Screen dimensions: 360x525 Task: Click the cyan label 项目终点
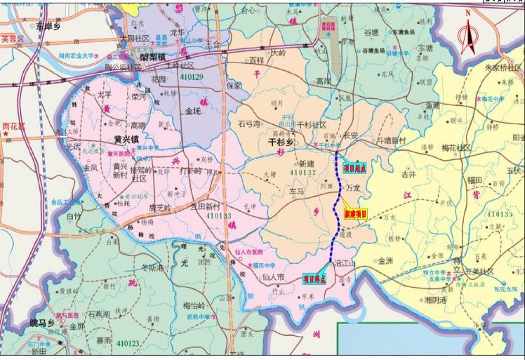pyautogui.click(x=315, y=279)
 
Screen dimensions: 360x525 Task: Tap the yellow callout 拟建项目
pyautogui.click(x=357, y=214)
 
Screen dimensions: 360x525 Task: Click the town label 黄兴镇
pyautogui.click(x=127, y=139)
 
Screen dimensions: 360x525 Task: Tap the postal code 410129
pyautogui.click(x=192, y=76)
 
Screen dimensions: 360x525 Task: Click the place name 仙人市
pyautogui.click(x=272, y=277)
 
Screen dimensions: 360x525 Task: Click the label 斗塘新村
pyautogui.click(x=391, y=140)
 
